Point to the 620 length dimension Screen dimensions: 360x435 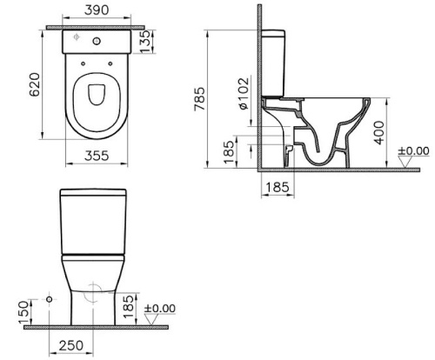click(32, 83)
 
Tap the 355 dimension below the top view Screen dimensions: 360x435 click(91, 156)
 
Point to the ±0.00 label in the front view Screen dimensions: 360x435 click(160, 308)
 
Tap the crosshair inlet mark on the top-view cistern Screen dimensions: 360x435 click(76, 38)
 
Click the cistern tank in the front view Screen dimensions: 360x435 click(91, 219)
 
